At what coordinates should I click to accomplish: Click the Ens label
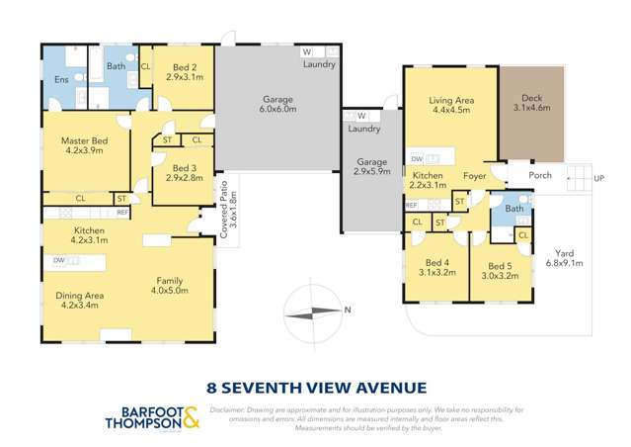[60, 78]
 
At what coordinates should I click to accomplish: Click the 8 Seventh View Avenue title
[315, 387]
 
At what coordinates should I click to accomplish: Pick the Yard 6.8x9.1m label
[567, 257]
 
